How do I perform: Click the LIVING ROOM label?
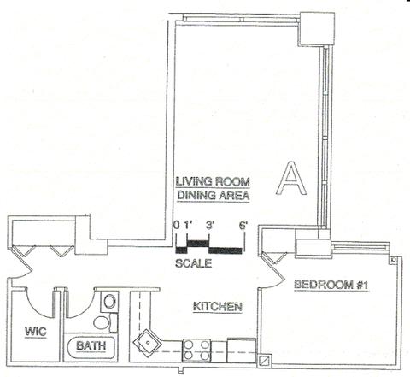tap(213, 181)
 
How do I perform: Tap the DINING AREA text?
tap(214, 196)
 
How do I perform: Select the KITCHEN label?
tap(218, 307)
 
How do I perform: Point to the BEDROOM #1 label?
tap(331, 285)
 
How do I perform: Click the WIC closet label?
tap(36, 332)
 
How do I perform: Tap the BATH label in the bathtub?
tap(91, 345)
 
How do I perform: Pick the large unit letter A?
tap(291, 178)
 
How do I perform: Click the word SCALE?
tap(194, 263)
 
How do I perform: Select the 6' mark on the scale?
tap(243, 226)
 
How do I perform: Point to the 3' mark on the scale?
tap(210, 226)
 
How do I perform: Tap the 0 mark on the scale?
tap(177, 226)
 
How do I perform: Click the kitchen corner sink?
tap(147, 342)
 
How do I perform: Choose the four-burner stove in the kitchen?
tap(196, 350)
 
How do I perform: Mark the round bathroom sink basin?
tap(109, 301)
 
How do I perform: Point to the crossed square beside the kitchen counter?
tap(265, 360)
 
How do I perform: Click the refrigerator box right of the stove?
tap(242, 350)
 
